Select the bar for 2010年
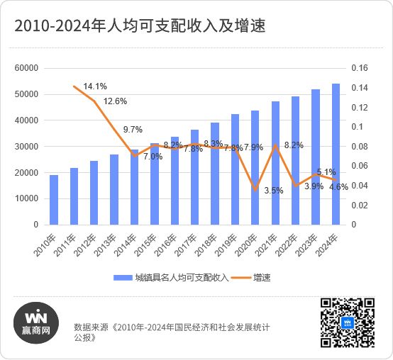click(54, 199)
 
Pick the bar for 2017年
click(194, 177)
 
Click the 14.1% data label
click(94, 86)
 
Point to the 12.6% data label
click(115, 101)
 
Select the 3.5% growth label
click(273, 190)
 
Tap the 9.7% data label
click(133, 130)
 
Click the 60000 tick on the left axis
click(26, 68)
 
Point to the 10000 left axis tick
click(26, 198)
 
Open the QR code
click(347, 323)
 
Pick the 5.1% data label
click(326, 172)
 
